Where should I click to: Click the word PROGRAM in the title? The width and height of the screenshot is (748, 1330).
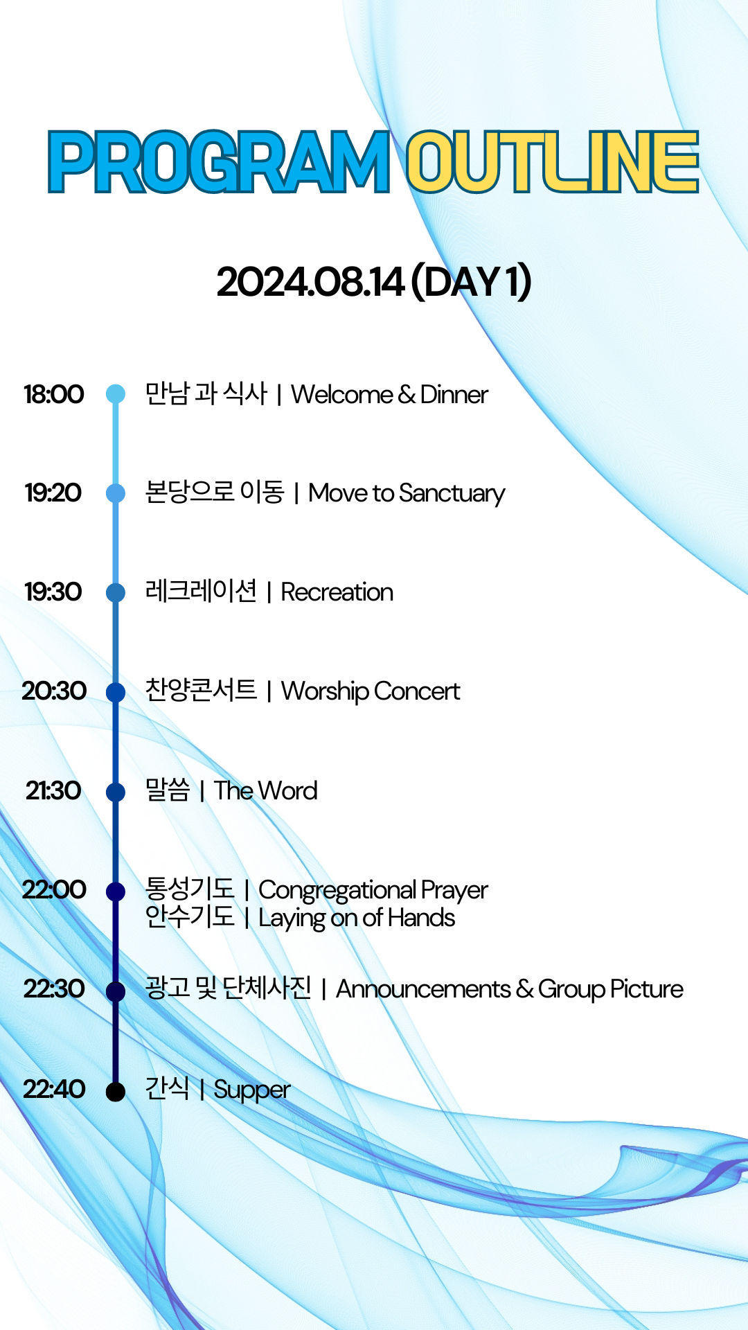[219, 162]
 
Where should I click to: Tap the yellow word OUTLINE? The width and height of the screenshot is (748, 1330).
[552, 162]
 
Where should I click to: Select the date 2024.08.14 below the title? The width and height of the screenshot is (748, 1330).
[310, 283]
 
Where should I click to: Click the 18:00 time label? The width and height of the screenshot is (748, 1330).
[53, 394]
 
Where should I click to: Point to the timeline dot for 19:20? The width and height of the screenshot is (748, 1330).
[116, 493]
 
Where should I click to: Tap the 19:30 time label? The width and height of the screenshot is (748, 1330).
[53, 592]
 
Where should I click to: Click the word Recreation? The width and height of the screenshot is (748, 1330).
[337, 593]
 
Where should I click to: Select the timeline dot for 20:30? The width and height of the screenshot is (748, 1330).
[116, 692]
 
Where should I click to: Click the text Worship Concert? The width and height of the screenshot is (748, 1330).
[371, 691]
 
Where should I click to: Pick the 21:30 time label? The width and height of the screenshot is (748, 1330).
[53, 790]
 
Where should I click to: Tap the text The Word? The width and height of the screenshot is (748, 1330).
[266, 790]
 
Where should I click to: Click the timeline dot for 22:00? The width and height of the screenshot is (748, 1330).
[116, 892]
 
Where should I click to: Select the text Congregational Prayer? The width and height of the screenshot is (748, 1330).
[373, 891]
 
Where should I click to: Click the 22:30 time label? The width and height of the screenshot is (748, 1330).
[54, 988]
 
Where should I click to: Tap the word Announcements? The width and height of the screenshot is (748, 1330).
[423, 989]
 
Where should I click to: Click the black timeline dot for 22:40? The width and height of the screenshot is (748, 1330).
[116, 1092]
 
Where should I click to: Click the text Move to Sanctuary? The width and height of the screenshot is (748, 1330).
[407, 494]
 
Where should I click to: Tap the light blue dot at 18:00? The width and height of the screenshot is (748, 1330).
[116, 394]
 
